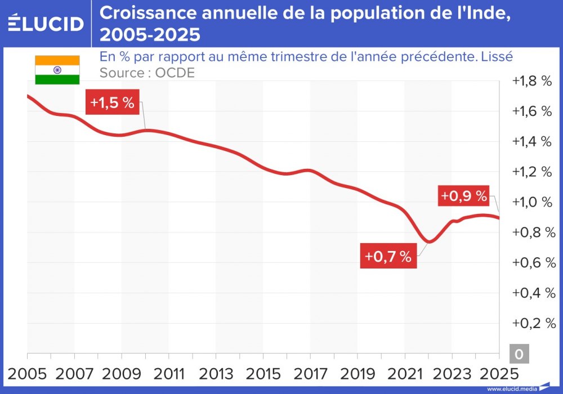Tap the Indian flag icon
coord(57,70)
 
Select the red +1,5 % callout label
coord(112,103)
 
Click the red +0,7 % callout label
coord(388,257)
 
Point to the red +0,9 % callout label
coord(463,196)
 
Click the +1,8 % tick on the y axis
coord(531,80)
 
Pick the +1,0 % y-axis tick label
coord(531,202)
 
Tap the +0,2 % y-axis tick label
coord(531,324)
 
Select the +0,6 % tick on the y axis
coord(531,263)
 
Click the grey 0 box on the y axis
coord(519,354)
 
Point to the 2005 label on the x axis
coord(27,373)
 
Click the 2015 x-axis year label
coord(263,373)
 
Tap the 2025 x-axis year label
coord(499,373)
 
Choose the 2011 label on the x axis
coord(169,373)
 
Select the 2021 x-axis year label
coord(405,373)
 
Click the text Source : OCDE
coord(147,73)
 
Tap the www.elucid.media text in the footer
coord(511,388)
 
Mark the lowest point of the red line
coord(429,242)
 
